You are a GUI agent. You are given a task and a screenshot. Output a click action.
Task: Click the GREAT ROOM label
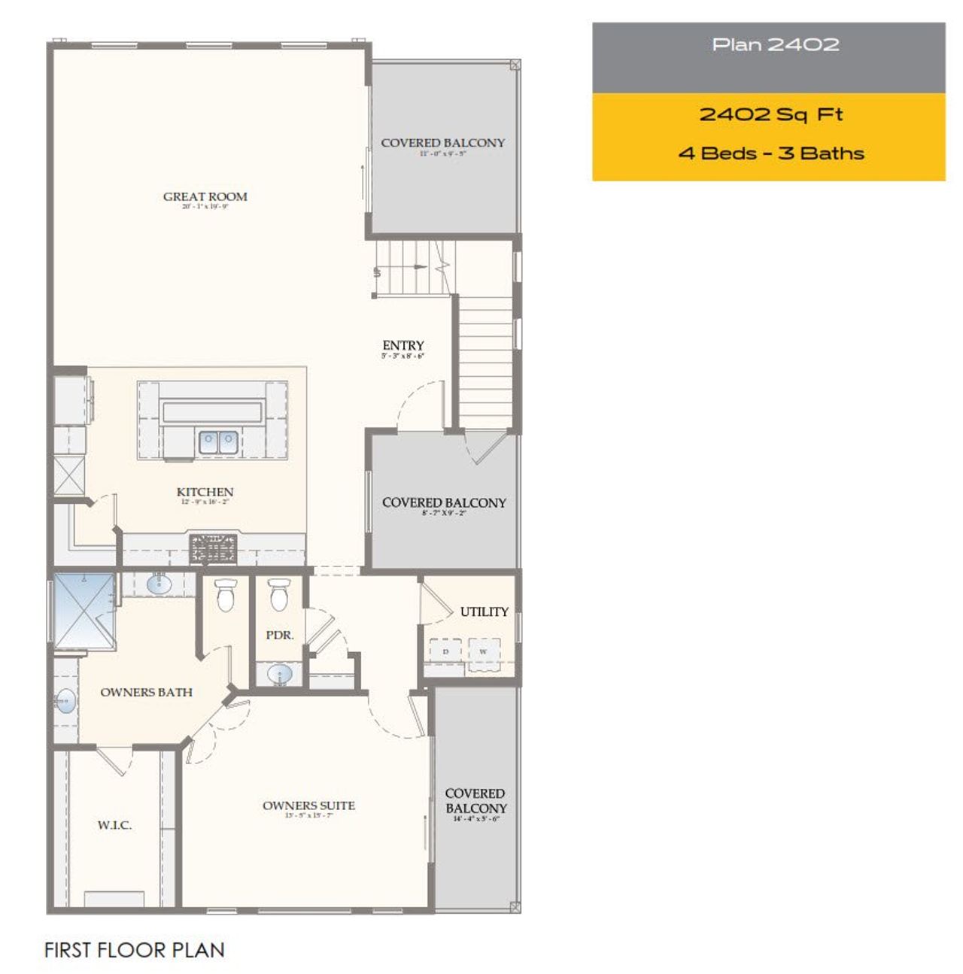tap(205, 197)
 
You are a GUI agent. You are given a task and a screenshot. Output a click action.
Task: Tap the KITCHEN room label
tap(205, 492)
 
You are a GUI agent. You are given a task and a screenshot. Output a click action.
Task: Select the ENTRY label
tap(403, 346)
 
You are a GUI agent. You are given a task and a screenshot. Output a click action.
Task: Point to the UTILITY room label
tap(484, 611)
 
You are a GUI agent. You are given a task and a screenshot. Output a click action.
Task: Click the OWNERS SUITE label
tap(308, 806)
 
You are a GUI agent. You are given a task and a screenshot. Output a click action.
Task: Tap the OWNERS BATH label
tap(146, 692)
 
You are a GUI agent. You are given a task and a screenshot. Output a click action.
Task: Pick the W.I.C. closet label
tap(114, 825)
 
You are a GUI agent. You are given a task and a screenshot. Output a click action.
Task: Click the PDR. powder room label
tap(279, 635)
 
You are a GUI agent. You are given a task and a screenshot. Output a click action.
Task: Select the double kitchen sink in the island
tap(218, 441)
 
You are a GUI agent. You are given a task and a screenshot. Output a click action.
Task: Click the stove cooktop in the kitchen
tap(213, 548)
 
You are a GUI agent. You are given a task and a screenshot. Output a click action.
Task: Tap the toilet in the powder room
tap(278, 595)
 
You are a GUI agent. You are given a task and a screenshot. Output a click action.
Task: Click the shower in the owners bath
tap(84, 611)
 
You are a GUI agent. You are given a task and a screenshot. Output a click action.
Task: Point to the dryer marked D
tap(445, 651)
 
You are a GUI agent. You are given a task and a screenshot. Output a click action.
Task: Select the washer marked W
tap(483, 651)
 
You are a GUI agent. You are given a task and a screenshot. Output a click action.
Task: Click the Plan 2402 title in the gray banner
tap(775, 45)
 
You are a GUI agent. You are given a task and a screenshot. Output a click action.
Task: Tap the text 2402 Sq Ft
tap(770, 115)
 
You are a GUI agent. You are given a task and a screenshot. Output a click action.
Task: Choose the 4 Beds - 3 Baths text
tap(770, 153)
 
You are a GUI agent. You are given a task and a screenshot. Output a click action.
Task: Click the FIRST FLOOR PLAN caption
tap(134, 950)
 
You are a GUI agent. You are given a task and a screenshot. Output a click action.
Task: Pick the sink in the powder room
tap(279, 674)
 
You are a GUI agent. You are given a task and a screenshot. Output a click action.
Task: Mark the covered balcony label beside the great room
tap(442, 143)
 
